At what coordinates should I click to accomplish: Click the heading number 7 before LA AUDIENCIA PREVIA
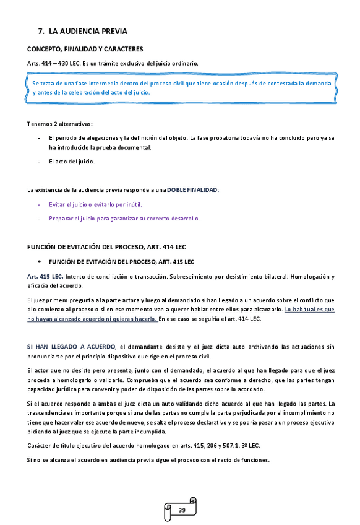pos(41,30)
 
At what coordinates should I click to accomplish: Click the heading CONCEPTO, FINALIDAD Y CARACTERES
pos(85,48)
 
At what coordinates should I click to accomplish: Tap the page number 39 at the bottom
pos(182,510)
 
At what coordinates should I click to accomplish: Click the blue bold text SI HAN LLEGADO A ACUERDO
pos(72,347)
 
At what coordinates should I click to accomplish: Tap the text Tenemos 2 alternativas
pos(60,123)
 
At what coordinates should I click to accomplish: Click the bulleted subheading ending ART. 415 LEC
pos(121,262)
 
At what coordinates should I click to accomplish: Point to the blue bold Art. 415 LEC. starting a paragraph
pos(45,276)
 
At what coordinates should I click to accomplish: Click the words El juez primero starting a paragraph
pos(49,300)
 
